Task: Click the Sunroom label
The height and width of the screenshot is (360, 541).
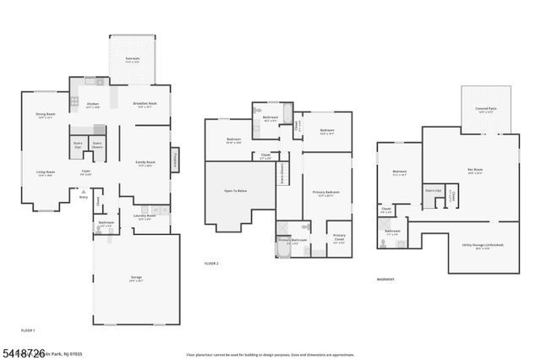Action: [x=132, y=60]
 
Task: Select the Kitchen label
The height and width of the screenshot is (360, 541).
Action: [x=93, y=106]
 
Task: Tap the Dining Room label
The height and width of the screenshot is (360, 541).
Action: [x=45, y=116]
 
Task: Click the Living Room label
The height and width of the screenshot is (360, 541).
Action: [x=45, y=173]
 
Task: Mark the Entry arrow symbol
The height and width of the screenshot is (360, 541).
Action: [x=83, y=193]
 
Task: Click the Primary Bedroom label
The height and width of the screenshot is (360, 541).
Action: [x=325, y=194]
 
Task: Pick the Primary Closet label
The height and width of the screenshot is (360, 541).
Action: [x=339, y=237]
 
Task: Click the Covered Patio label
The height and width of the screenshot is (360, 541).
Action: [x=485, y=109]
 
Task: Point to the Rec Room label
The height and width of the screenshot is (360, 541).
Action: [x=474, y=171]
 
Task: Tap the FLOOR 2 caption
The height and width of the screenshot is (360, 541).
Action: [x=211, y=265]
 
